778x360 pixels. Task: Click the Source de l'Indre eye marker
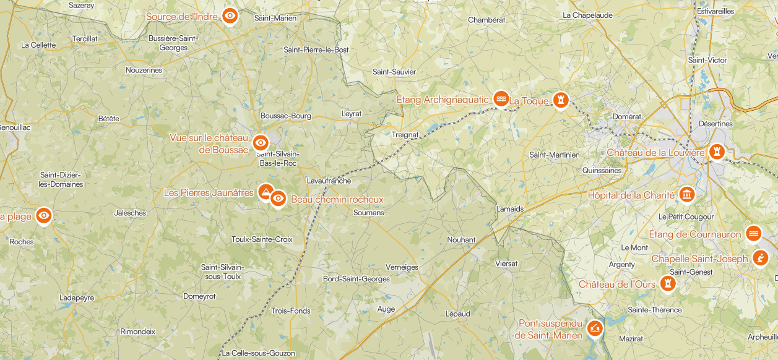pos(230,16)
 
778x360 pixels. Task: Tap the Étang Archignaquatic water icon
pos(501,99)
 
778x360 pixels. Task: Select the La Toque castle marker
pos(561,100)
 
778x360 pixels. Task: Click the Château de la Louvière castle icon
pos(717,152)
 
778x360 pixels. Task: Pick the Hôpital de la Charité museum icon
pos(686,195)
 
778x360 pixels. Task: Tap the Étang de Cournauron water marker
pos(753,234)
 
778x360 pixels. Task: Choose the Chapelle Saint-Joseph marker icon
pos(760,258)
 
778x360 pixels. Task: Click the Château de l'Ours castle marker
pos(668,283)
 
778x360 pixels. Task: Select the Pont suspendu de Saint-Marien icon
pos(595,328)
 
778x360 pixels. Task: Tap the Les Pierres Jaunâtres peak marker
pos(266,192)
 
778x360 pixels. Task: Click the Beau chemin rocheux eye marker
pos(279,199)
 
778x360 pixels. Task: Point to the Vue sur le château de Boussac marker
pos(261,143)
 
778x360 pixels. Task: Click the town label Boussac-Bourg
pos(285,116)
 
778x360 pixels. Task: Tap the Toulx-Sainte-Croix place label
pos(262,239)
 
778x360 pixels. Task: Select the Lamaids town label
pos(510,209)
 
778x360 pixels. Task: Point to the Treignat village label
pos(405,134)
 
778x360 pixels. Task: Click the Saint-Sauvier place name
pos(394,72)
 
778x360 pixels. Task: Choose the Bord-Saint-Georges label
pos(357,279)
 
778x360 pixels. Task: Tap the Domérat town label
pos(626,116)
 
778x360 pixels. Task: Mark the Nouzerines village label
pos(144,70)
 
